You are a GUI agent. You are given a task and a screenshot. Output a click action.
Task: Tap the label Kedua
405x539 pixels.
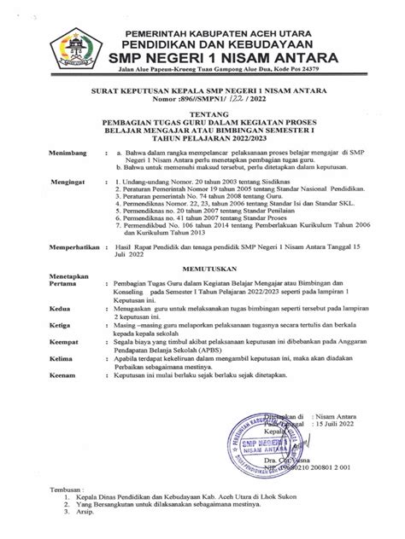coord(42,328)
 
